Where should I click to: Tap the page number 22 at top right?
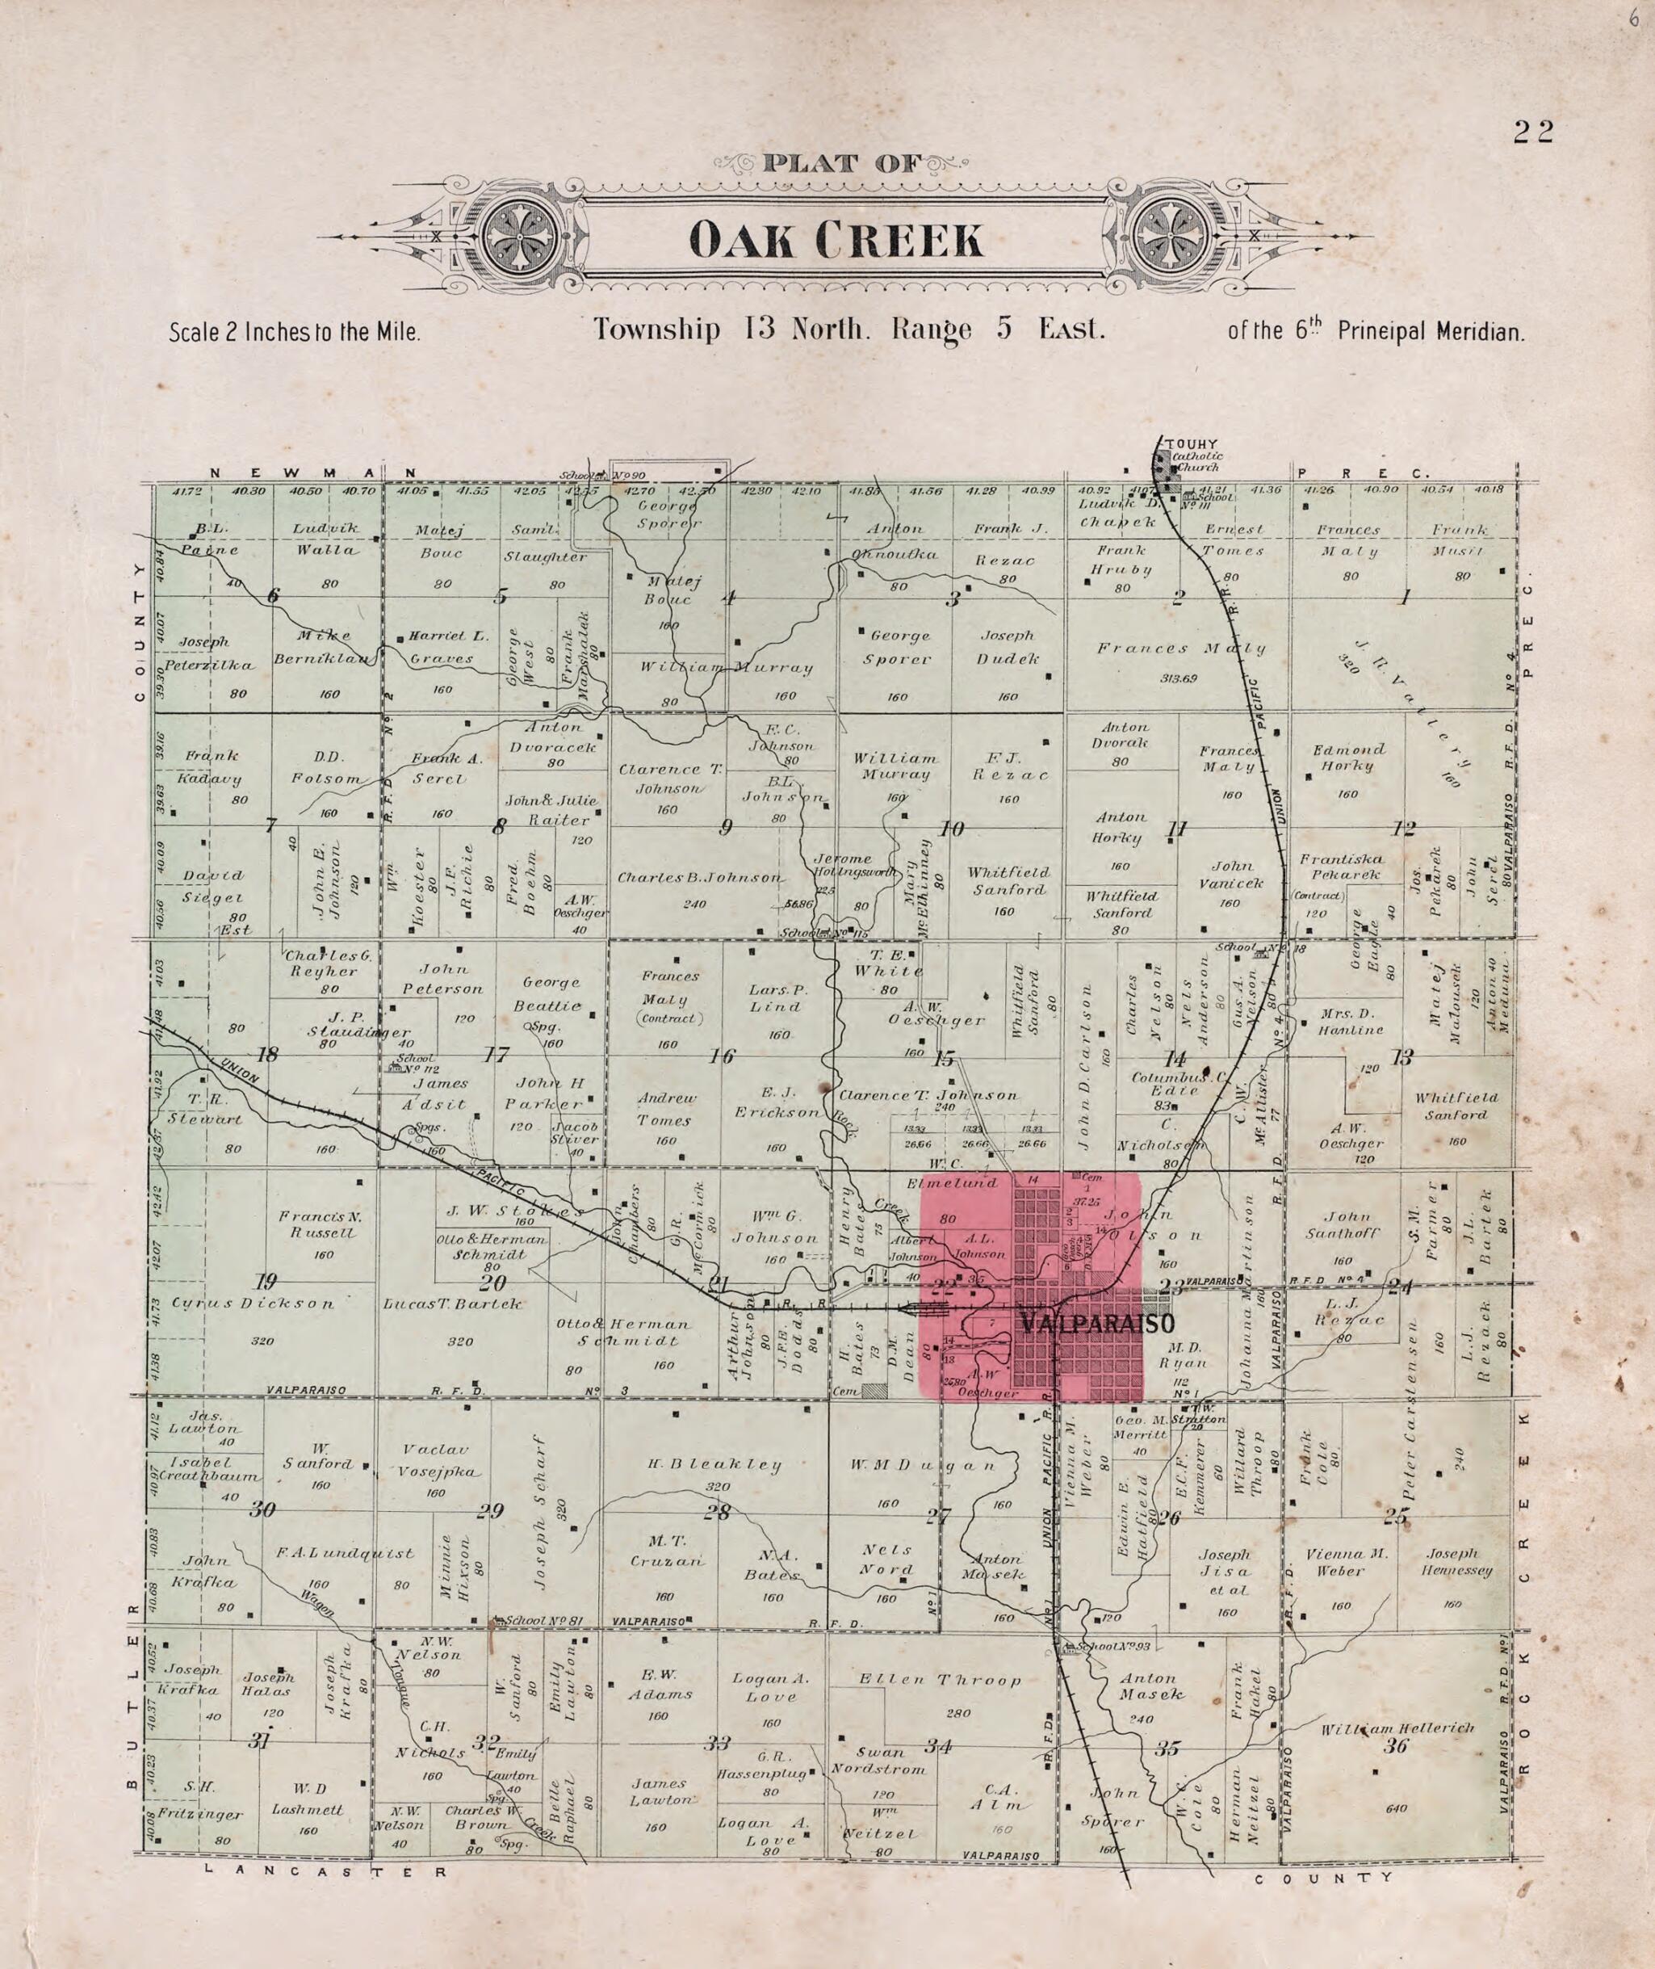click(x=1533, y=132)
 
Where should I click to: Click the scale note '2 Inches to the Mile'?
click(x=294, y=331)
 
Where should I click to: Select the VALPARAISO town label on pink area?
click(x=1096, y=1325)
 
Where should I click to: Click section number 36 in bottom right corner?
click(x=1395, y=1744)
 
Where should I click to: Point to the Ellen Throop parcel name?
click(x=940, y=1680)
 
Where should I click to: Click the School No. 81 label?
click(x=544, y=1621)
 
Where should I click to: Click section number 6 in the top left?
click(x=274, y=595)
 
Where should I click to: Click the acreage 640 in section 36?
click(x=1395, y=1808)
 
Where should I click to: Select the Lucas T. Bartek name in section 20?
click(x=452, y=1304)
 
